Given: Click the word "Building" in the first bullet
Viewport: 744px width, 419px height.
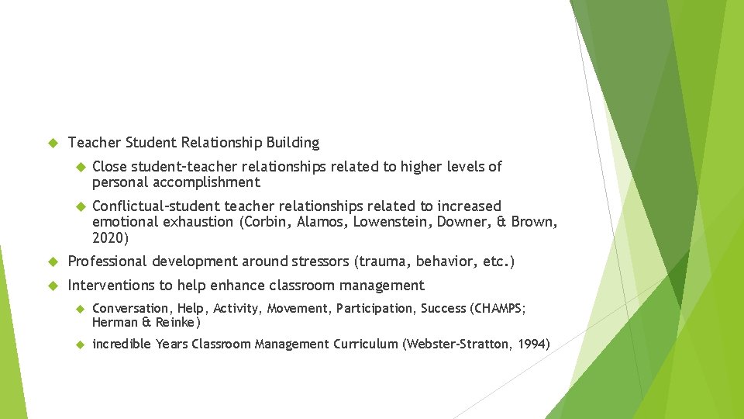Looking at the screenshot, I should click(x=292, y=143).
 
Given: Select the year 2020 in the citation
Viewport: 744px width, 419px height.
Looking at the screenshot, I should click(x=110, y=237).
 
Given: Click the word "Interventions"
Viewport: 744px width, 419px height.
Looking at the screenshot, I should click(x=109, y=286).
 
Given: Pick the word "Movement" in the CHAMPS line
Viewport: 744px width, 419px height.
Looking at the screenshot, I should click(x=298, y=309).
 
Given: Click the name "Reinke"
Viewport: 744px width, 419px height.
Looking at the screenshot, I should click(x=177, y=322).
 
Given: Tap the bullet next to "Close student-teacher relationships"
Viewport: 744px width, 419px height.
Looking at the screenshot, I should click(x=77, y=167).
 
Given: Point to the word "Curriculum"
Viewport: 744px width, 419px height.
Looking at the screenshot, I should click(x=365, y=344).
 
